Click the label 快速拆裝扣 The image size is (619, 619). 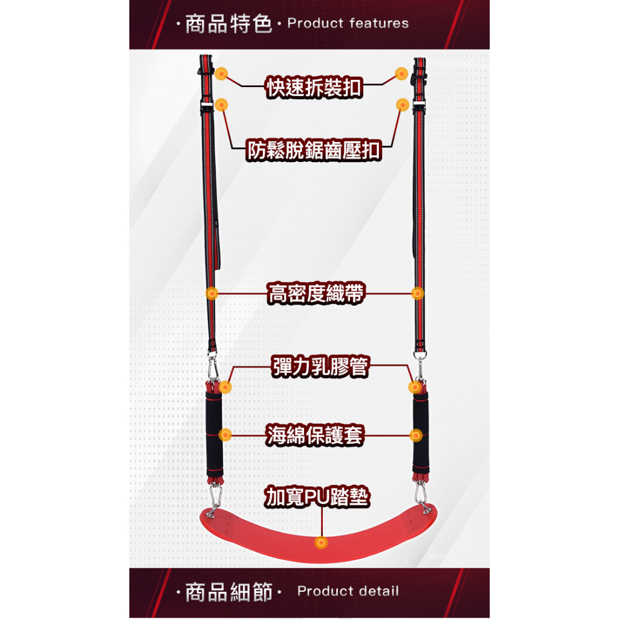point(314,87)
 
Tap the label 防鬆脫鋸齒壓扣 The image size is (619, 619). point(314,150)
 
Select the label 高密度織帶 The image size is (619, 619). point(316,293)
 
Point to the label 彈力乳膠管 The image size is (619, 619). point(320,366)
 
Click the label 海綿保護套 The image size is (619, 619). point(314,435)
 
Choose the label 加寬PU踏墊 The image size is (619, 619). point(317,496)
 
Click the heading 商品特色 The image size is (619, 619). point(228,24)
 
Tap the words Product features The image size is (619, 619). point(348,24)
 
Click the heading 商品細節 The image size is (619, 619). point(229,592)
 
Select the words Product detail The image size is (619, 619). point(348,591)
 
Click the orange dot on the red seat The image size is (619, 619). point(321,542)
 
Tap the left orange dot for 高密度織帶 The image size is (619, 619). point(212,293)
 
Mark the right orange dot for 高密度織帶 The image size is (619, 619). point(417,293)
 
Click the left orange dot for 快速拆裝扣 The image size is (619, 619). point(221,73)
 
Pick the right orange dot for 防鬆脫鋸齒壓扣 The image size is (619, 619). point(402,105)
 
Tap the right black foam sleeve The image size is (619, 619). point(421,433)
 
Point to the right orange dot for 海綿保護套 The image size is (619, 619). point(416,435)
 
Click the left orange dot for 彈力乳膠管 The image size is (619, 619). point(225,387)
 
